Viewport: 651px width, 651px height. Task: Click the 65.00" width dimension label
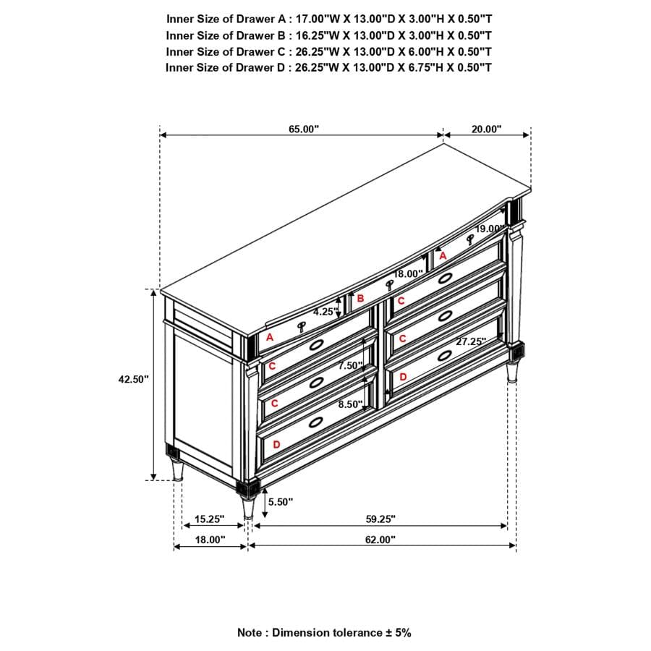point(304,129)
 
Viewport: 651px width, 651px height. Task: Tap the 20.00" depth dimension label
point(486,129)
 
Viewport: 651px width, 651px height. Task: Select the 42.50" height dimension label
point(134,379)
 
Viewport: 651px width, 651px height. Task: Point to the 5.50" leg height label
point(281,501)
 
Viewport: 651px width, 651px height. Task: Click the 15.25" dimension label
point(210,519)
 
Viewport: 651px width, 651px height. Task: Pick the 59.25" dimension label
point(380,519)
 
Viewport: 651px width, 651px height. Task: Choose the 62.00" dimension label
point(380,540)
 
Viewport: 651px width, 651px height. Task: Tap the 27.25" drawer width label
point(471,341)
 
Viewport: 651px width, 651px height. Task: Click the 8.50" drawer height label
point(350,405)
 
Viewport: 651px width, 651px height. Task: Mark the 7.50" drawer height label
point(350,366)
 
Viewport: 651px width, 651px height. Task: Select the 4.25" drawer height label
point(325,312)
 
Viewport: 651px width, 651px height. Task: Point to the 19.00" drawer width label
point(490,229)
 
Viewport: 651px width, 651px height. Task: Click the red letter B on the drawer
point(360,297)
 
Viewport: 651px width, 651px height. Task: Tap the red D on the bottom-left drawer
point(276,444)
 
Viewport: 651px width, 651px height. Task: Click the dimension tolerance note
point(324,632)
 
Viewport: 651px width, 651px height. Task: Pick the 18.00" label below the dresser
point(210,540)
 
